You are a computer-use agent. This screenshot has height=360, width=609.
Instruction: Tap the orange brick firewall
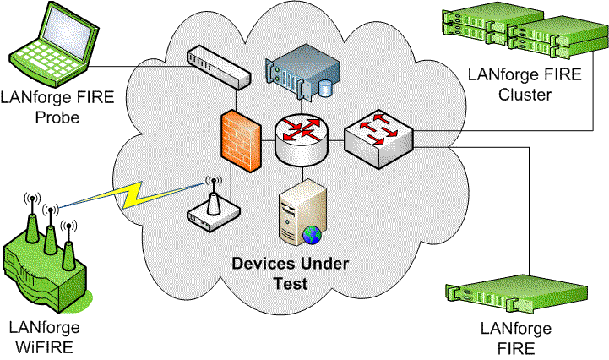click(241, 141)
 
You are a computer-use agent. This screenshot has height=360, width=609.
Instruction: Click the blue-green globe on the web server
click(312, 235)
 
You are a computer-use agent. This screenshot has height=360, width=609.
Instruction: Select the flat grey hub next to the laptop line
click(218, 68)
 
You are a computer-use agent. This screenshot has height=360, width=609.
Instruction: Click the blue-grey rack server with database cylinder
click(302, 72)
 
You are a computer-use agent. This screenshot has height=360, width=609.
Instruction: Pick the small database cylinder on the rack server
click(325, 88)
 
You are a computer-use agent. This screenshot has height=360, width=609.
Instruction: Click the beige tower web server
click(303, 212)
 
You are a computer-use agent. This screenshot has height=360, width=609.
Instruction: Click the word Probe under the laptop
click(57, 117)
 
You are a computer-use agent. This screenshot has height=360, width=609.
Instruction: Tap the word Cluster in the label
click(525, 95)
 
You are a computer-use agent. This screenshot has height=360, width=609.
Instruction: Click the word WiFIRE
click(44, 346)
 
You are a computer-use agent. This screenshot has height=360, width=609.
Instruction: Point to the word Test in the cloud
click(291, 283)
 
